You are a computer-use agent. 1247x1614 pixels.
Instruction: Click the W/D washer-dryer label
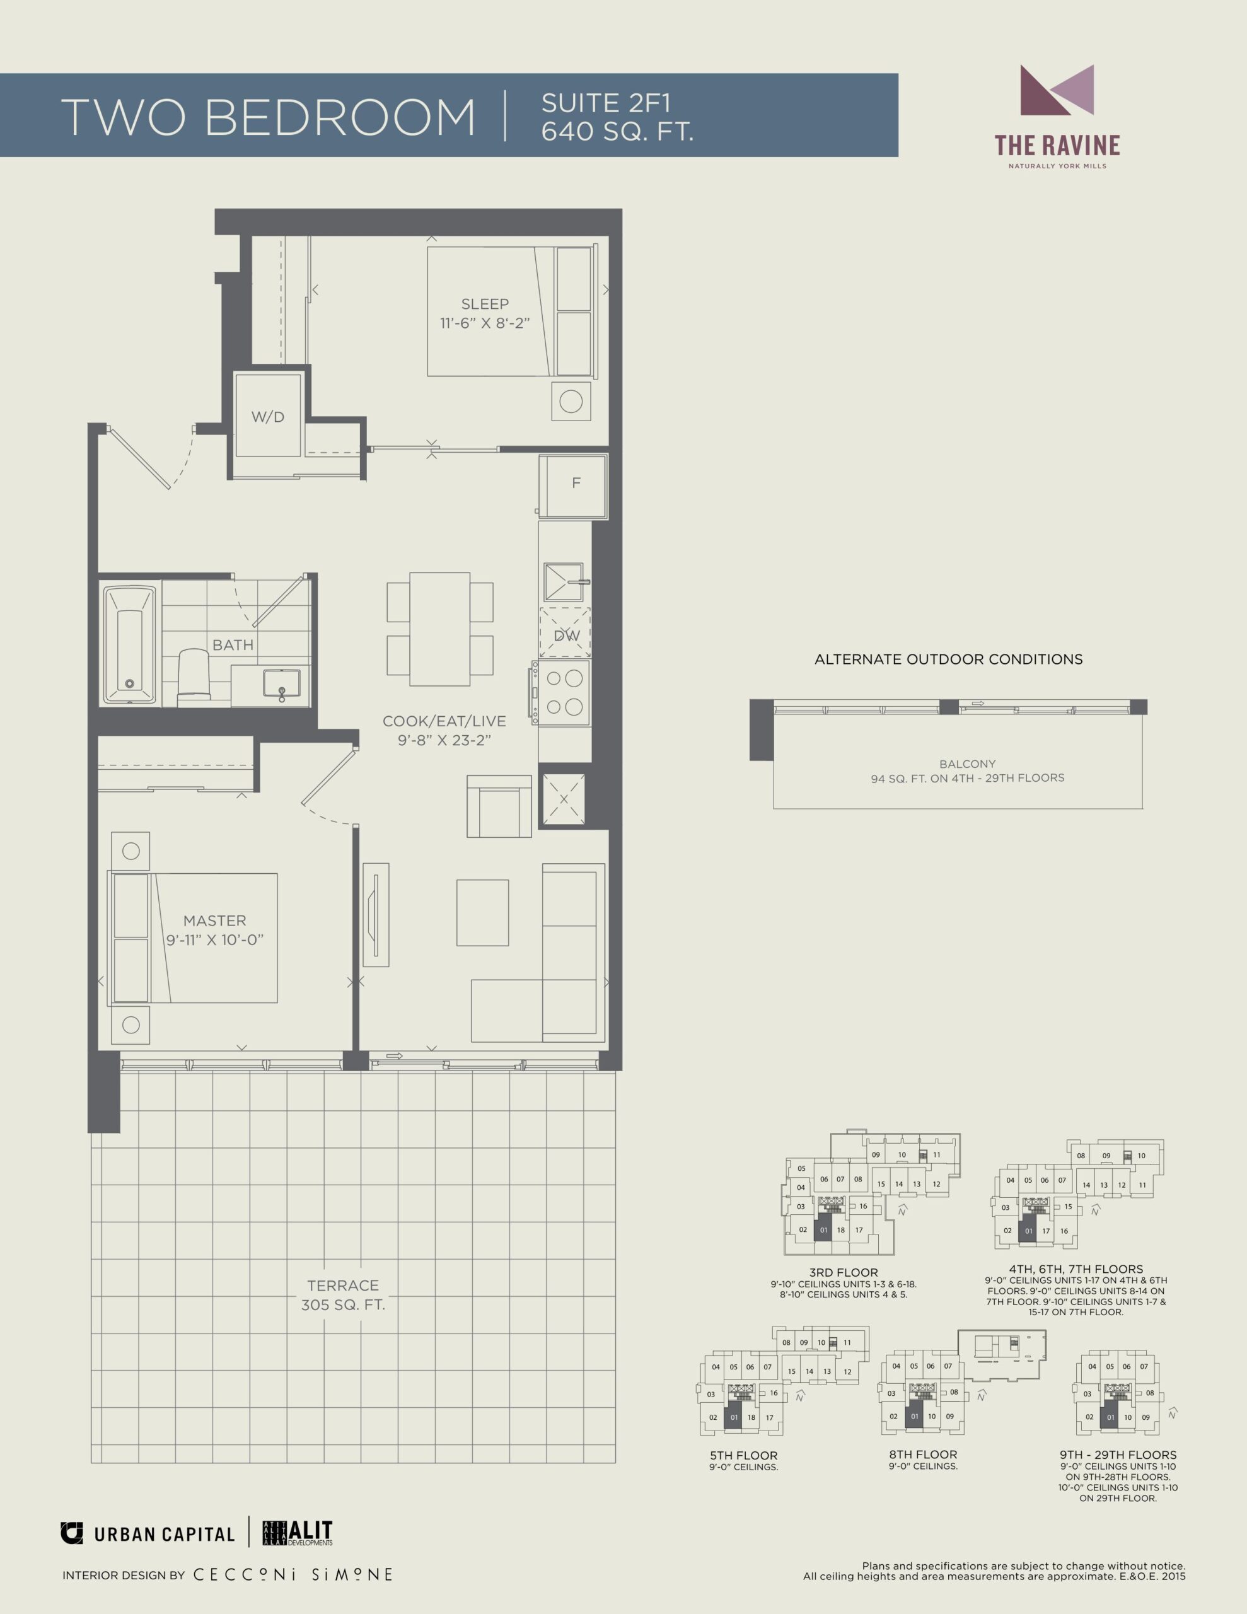click(x=267, y=417)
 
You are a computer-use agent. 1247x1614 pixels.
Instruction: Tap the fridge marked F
click(x=574, y=485)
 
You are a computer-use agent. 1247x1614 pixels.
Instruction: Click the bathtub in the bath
click(x=130, y=644)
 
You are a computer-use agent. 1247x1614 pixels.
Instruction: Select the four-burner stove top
click(x=564, y=692)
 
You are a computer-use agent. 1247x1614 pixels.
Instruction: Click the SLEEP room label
click(x=485, y=304)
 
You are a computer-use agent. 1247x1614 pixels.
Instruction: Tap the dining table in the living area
click(x=440, y=629)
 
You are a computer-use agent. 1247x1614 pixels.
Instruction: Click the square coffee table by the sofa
click(x=483, y=913)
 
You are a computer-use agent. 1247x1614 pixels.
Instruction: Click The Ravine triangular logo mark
click(x=1057, y=90)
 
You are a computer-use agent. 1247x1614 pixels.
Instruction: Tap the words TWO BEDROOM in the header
click(x=267, y=117)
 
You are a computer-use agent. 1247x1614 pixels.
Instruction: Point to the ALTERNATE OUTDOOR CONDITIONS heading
click(x=948, y=659)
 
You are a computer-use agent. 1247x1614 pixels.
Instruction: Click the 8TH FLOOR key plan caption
click(x=922, y=1454)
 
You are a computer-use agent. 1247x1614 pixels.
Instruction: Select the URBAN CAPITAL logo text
click(x=164, y=1534)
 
